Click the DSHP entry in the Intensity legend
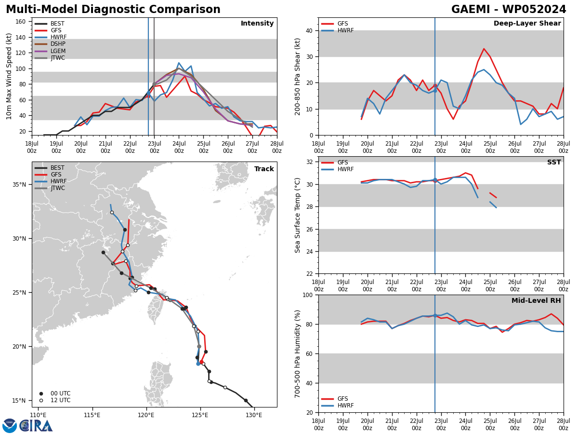coord(50,44)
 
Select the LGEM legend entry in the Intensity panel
coord(50,51)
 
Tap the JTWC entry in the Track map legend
coord(50,188)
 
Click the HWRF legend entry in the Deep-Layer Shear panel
coord(337,30)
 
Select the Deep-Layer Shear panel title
coord(527,23)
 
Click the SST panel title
coord(554,162)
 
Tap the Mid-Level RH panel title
coord(536,300)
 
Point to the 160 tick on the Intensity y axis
coord(20,22)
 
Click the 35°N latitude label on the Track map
coord(19,185)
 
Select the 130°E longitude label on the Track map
coord(254,415)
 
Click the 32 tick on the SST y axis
coord(310,162)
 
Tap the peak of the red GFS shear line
coord(484,49)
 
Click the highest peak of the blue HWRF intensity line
coord(179,63)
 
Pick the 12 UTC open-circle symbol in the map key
coord(41,401)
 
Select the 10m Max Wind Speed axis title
coord(9,76)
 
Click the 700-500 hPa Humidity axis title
coord(297,354)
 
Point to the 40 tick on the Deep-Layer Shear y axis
coord(310,30)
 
